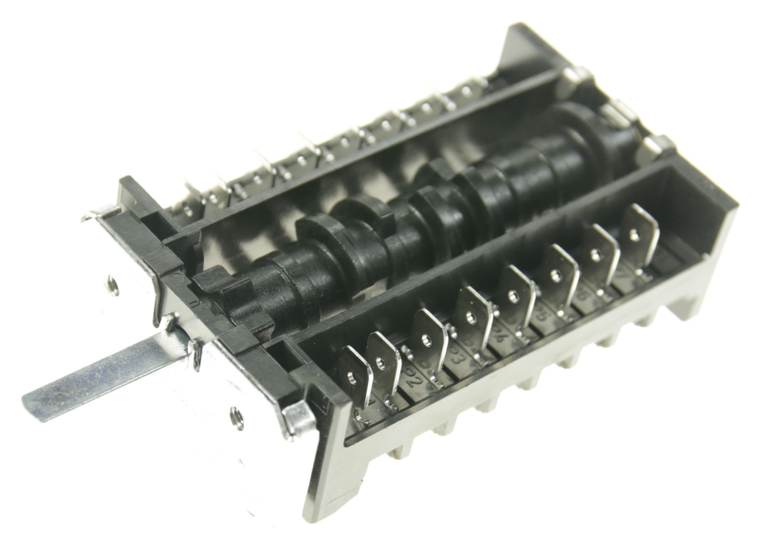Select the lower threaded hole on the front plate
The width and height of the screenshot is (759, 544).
235,414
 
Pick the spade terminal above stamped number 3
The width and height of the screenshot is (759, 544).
472,312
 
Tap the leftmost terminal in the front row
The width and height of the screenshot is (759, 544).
356,373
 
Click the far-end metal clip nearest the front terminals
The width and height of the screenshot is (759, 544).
654,149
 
